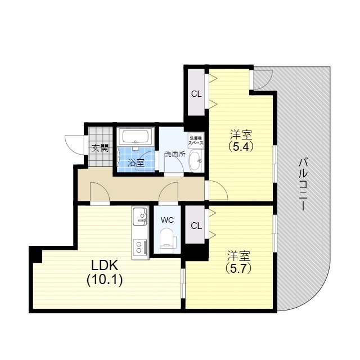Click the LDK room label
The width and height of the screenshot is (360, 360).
[105, 265]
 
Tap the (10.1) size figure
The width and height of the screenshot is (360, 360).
[105, 280]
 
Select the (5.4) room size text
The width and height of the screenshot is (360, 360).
[241, 146]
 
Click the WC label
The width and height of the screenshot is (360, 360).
[167, 220]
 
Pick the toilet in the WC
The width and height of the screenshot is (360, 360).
[166, 241]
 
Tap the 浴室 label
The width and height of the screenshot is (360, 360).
[136, 163]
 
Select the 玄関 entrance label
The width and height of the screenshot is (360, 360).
[100, 148]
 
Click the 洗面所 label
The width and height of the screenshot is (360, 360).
[175, 154]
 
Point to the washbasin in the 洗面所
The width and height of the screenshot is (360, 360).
[195, 161]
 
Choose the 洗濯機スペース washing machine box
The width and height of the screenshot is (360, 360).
[196, 140]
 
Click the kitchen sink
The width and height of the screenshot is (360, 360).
[140, 215]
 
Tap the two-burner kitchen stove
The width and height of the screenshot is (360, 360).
[140, 247]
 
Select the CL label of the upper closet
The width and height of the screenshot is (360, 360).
[196, 94]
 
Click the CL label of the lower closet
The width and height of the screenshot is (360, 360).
[196, 226]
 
